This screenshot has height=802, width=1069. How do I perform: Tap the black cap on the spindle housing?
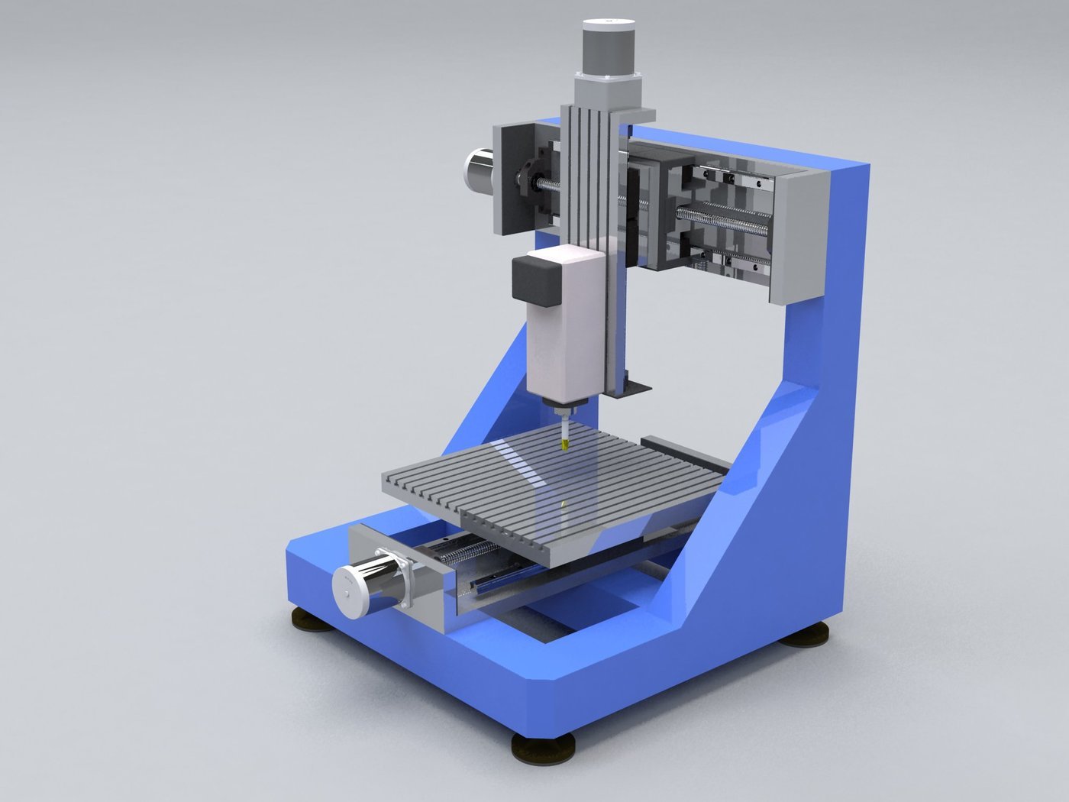coord(537,280)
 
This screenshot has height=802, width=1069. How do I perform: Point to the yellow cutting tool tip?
coord(564,443)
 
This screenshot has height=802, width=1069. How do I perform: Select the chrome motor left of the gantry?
coord(480,168)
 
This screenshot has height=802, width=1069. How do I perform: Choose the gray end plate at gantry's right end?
coord(799,237)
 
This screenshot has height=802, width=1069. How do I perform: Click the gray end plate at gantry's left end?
coord(510,177)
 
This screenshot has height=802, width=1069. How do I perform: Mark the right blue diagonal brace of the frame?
coord(733,519)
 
